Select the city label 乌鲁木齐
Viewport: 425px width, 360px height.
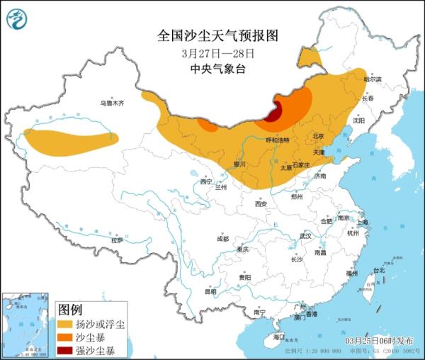(111, 103)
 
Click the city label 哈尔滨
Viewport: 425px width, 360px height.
(372, 79)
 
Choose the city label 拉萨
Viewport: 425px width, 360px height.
(117, 240)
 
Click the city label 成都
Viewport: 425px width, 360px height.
(222, 238)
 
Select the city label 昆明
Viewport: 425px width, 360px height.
(210, 291)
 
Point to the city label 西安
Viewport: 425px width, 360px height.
(261, 204)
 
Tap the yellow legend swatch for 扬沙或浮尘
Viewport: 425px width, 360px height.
(67, 325)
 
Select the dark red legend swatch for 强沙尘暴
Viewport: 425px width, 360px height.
(67, 350)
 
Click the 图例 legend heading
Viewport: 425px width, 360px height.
(70, 310)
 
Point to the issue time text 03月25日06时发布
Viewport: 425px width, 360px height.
(379, 341)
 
